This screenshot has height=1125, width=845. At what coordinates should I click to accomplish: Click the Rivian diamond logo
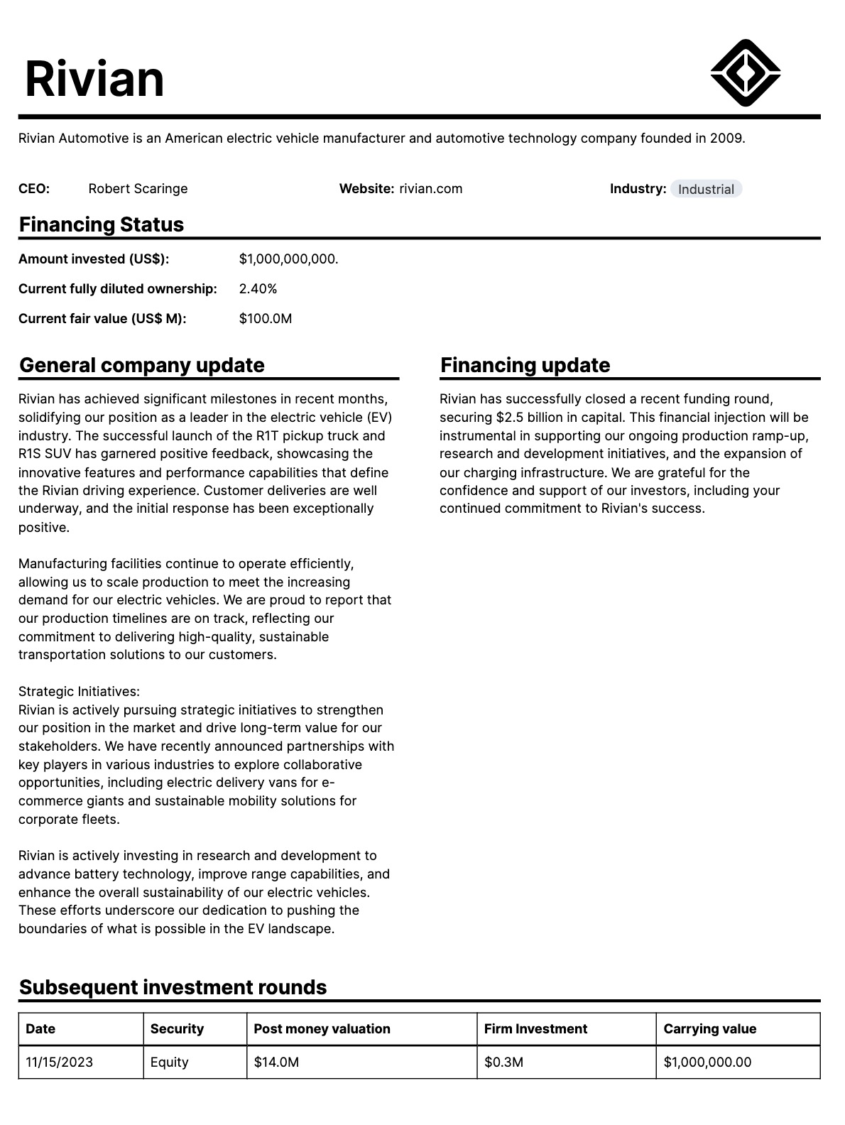coord(746,72)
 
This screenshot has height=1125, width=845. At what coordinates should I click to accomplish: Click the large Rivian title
coord(94,78)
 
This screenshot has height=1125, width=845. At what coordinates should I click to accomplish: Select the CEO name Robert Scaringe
coord(138,189)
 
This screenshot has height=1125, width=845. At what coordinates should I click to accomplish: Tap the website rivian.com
coord(430,189)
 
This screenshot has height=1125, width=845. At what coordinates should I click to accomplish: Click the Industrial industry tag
coord(706,189)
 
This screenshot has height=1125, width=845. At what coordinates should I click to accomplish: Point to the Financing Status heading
coord(102,224)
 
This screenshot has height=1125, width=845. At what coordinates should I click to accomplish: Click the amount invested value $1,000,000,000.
coord(288,259)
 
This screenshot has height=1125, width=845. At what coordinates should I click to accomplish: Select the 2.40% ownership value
coord(258,289)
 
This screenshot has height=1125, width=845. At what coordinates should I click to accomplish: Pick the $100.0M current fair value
coord(266,319)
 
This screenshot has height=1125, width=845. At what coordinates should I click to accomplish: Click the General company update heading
coord(142,365)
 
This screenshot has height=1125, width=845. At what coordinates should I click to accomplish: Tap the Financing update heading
coord(525,365)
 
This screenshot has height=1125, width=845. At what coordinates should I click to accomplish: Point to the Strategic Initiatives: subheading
coord(79,692)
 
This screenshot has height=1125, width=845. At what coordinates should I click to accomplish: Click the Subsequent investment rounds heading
coord(173,987)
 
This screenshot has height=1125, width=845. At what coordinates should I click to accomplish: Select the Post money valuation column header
coord(322,1029)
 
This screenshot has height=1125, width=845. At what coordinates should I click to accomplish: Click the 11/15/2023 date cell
coord(59,1062)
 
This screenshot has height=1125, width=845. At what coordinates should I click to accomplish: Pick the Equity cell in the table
coord(169,1062)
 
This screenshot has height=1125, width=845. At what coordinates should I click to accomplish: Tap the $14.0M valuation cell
coord(276,1062)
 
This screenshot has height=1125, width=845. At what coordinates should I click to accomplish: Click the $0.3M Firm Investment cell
coord(503,1062)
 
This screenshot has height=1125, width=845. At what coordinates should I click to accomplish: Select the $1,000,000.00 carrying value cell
coord(707,1062)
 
